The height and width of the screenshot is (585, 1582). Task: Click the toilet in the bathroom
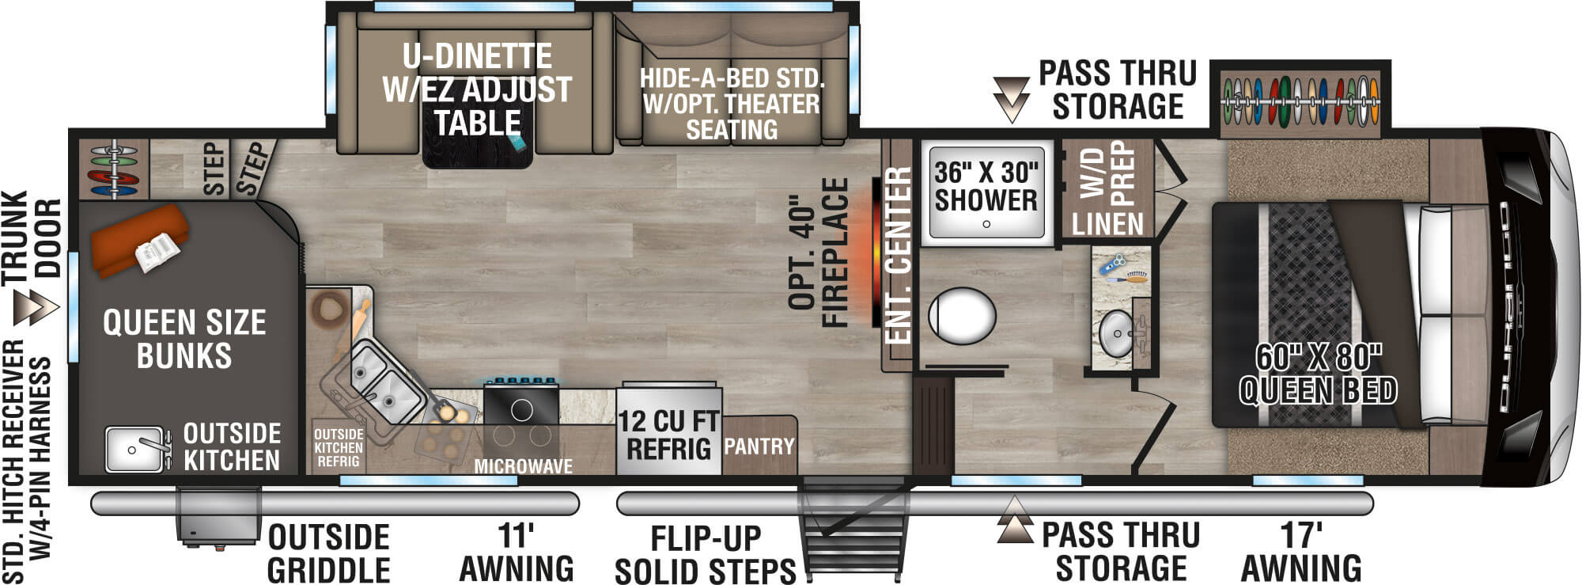[x=961, y=316]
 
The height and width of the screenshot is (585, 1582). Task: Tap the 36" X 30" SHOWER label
[x=986, y=187]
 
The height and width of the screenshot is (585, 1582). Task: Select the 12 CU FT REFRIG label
[x=668, y=435]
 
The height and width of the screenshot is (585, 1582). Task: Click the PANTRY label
[x=759, y=446]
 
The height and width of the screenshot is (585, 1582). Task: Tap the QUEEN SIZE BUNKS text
[x=184, y=339]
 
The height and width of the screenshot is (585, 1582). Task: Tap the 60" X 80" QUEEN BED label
[x=1318, y=374]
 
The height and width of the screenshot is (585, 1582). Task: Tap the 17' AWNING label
[x=1301, y=553]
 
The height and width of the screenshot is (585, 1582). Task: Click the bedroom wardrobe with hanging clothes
[x=1300, y=101]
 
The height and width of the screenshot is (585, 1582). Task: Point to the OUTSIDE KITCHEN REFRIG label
[x=339, y=448]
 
